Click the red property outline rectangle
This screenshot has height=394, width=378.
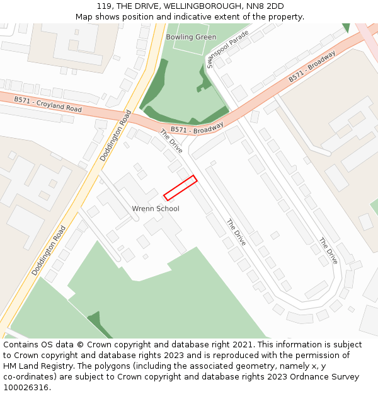point(180,188)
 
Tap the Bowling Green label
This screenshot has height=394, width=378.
point(191,37)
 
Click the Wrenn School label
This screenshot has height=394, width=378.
point(156,209)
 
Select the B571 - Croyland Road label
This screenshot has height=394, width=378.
point(49,104)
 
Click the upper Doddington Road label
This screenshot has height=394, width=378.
point(115,136)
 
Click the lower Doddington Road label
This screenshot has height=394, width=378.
point(49,250)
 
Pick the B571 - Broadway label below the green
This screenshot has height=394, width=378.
point(197,129)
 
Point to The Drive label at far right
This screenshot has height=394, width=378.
point(328,251)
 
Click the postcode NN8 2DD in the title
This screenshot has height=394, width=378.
point(266,6)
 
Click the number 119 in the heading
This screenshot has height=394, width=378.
point(105,6)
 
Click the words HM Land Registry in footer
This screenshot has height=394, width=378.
point(33,366)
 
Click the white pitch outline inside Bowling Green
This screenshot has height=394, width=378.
point(190,39)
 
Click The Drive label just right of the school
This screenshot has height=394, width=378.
point(236,233)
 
